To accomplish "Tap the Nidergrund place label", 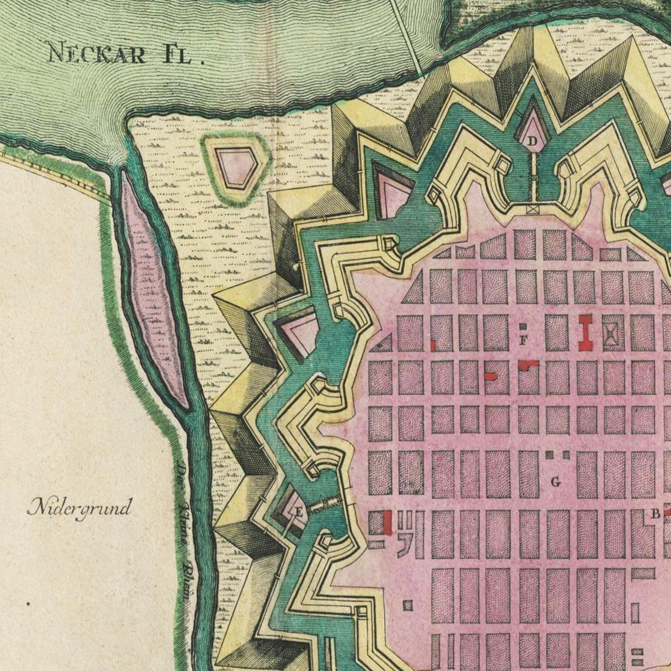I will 79,508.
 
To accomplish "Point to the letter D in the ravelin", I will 532,140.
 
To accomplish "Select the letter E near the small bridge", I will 299,511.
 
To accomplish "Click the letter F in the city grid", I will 523,340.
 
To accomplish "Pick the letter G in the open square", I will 555,481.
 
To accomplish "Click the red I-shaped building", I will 585,332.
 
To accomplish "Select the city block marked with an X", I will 613,333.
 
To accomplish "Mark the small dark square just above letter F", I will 523,326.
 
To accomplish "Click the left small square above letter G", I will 550,455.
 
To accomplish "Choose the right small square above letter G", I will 565,455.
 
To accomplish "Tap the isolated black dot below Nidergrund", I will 28,603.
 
